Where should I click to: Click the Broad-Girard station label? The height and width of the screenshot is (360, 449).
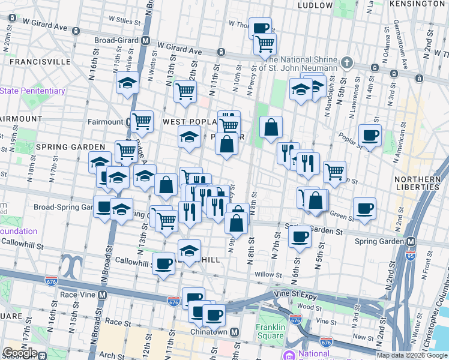117,41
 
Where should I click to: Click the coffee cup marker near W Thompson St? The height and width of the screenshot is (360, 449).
260,28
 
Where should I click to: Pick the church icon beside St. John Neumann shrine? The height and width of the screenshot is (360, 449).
346,62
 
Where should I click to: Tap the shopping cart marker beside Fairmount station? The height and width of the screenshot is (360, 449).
142,121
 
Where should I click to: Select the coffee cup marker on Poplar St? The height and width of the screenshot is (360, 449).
370,135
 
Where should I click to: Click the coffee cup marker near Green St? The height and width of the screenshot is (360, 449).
364,208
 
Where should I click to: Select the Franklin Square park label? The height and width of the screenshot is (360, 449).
270,332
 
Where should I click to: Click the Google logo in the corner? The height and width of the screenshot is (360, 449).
19,353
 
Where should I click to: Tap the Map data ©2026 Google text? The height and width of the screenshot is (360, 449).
412,355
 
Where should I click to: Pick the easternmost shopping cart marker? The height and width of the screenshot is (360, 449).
334,172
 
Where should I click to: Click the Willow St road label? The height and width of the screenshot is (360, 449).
268,275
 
